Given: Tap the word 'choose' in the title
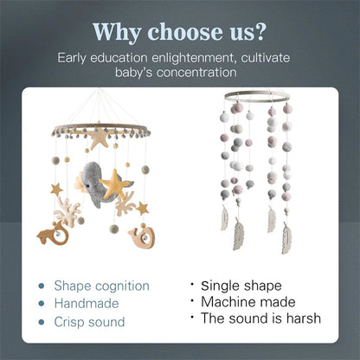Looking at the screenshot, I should pos(185,31).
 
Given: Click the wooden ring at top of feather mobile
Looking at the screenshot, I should pos(256,98).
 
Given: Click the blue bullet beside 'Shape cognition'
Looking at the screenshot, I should pos(42,286).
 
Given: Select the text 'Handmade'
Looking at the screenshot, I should pos(82,304).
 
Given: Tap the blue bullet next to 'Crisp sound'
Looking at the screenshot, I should pos(42,322).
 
